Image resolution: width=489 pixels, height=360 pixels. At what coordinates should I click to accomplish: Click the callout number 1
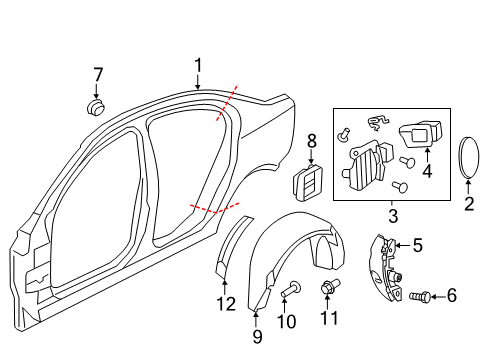pyautogui.click(x=198, y=66)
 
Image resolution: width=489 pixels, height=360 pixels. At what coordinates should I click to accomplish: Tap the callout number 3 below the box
pyautogui.click(x=390, y=216)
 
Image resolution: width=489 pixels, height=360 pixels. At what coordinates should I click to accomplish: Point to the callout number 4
pyautogui.click(x=428, y=171)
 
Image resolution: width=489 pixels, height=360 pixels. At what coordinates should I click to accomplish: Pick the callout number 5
pyautogui.click(x=418, y=243)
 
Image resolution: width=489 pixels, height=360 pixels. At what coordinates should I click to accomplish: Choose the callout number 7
pyautogui.click(x=98, y=74)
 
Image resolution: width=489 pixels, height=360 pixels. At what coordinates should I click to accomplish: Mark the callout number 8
pyautogui.click(x=311, y=141)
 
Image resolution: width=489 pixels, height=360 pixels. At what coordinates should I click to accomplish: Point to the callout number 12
pyautogui.click(x=226, y=303)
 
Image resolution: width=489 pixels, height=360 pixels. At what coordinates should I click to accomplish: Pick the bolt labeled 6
pyautogui.click(x=422, y=297)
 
